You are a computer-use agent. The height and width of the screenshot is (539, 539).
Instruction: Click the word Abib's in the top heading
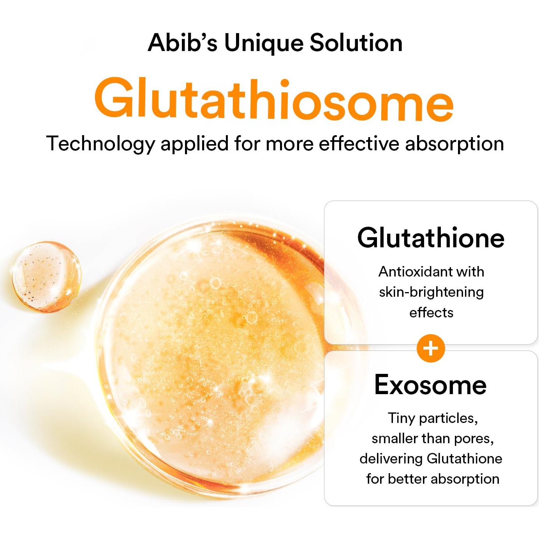182,43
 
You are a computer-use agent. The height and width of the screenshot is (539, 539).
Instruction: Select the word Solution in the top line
356,43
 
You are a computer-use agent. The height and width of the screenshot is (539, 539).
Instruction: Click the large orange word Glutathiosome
274,100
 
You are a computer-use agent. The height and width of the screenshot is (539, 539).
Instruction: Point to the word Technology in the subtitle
100,144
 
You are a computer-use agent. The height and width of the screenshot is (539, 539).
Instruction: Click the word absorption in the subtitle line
454,144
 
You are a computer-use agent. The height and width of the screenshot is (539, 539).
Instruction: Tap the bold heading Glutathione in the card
431,238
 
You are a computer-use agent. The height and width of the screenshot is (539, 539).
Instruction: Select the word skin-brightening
431,292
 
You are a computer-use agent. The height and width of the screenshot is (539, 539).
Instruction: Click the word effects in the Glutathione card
431,312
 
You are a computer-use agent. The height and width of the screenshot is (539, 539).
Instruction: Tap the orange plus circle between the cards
431,348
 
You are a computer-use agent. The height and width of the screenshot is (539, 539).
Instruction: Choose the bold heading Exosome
430,385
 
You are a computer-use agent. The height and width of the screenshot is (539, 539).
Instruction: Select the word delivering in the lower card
391,459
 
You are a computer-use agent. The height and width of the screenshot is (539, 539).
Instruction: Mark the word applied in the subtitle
194,144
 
